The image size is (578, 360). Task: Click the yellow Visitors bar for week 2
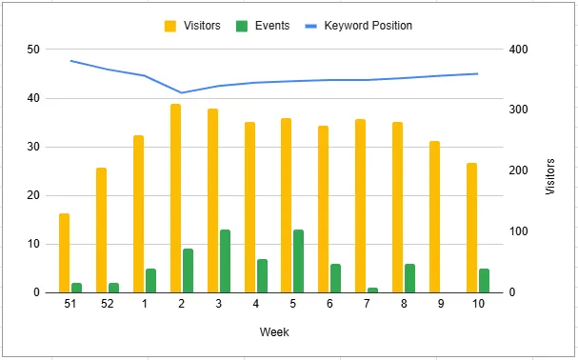tap(175, 198)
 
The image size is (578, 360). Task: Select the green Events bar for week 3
tap(225, 261)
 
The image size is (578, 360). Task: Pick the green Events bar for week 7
tap(373, 290)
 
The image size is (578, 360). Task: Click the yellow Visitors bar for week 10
tap(472, 228)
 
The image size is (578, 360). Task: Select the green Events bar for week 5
tap(299, 261)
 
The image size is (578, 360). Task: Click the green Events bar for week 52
tap(113, 288)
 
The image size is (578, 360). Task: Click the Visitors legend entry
tap(193, 26)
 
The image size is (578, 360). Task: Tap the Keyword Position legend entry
tap(359, 26)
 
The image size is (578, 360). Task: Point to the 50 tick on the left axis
tap(33, 50)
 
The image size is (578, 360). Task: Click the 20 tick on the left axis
tap(33, 195)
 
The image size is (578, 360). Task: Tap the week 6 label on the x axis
tap(329, 304)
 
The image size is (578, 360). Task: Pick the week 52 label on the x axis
tap(107, 304)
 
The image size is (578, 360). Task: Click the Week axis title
tap(274, 332)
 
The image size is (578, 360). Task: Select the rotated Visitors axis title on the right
tap(550, 176)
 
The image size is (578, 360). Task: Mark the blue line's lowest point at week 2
tap(181, 92)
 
